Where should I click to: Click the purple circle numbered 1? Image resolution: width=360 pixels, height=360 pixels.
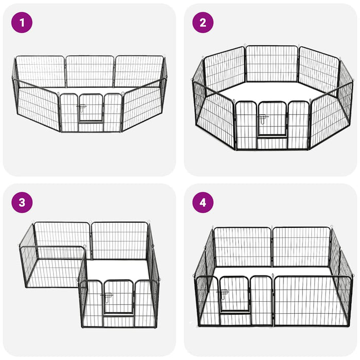pyautogui.click(x=22, y=23)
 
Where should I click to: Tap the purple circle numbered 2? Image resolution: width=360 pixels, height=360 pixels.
pyautogui.click(x=203, y=23)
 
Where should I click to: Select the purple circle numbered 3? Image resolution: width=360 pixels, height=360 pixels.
pyautogui.click(x=22, y=203)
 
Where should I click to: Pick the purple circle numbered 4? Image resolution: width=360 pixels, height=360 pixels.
pyautogui.click(x=203, y=203)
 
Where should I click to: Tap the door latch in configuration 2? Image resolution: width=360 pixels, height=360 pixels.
pyautogui.click(x=263, y=119)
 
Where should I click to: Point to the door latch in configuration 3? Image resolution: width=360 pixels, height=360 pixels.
pyautogui.click(x=107, y=297)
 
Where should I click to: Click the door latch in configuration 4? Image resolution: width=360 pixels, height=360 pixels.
pyautogui.click(x=222, y=294)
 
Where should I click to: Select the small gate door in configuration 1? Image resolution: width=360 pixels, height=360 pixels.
pyautogui.click(x=91, y=107)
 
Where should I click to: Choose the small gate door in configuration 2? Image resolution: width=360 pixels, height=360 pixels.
pyautogui.click(x=273, y=119)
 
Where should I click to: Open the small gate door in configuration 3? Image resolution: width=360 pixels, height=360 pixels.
pyautogui.click(x=118, y=297)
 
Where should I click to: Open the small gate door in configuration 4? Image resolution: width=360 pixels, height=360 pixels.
pyautogui.click(x=234, y=294)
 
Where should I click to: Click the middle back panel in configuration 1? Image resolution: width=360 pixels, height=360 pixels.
pyautogui.click(x=90, y=71)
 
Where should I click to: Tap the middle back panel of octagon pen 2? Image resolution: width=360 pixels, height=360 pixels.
pyautogui.click(x=272, y=64)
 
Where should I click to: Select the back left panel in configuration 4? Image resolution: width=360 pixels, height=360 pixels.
pyautogui.click(x=242, y=247)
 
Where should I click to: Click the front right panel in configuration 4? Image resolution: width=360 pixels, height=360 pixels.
pyautogui.click(x=313, y=301)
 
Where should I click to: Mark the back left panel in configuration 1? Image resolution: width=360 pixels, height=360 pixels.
pyautogui.click(x=41, y=71)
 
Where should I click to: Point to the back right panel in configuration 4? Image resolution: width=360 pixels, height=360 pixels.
pyautogui.click(x=302, y=247)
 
